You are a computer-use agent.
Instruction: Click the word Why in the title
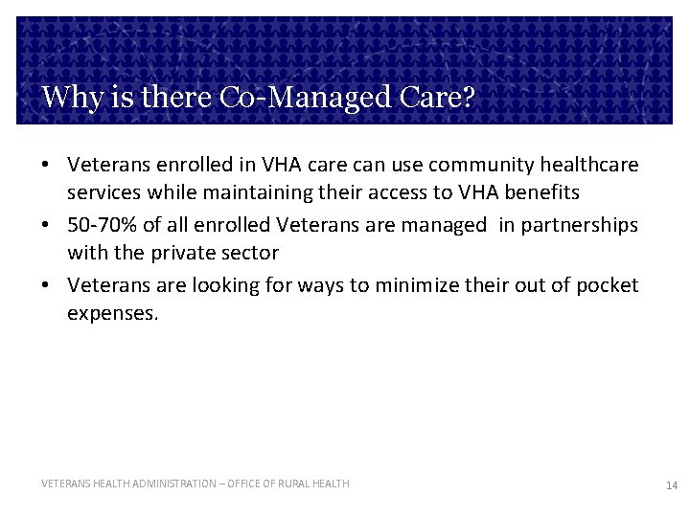(67, 98)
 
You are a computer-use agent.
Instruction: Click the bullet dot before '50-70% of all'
(46, 226)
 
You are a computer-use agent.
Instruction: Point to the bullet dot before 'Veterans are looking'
(46, 286)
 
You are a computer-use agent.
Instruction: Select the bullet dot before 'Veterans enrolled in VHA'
(46, 166)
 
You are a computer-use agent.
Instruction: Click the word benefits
(539, 192)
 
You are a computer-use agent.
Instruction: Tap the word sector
(251, 253)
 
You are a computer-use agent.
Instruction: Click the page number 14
(671, 486)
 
